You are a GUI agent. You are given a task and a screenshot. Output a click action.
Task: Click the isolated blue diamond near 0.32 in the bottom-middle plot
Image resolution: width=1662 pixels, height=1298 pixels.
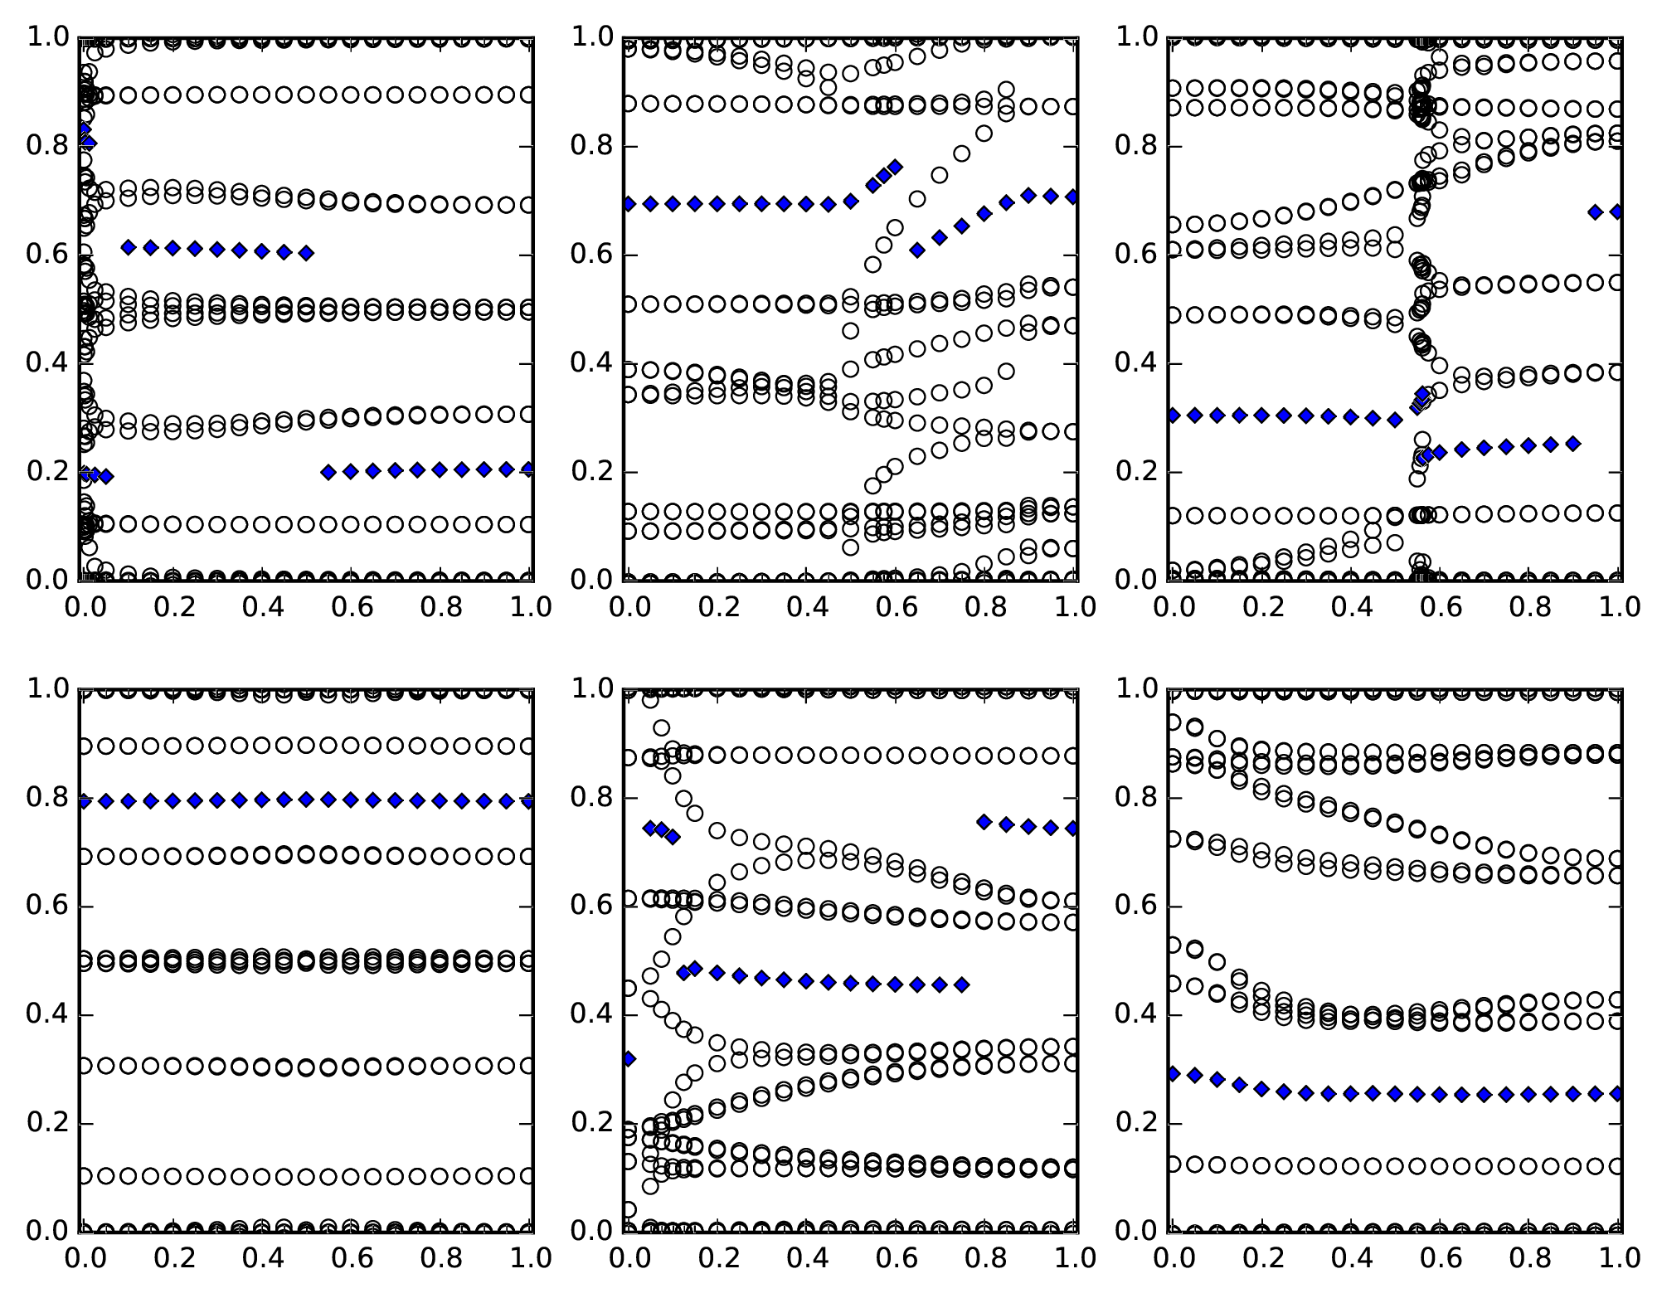tap(629, 1058)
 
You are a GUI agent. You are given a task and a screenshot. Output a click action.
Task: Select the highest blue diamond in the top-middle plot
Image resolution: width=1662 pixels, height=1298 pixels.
tap(895, 167)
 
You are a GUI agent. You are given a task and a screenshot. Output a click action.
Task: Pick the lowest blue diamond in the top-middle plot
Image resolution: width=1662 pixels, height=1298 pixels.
tap(917, 250)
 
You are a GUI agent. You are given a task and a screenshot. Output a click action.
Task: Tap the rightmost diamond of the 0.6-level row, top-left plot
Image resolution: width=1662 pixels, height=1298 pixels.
tap(306, 253)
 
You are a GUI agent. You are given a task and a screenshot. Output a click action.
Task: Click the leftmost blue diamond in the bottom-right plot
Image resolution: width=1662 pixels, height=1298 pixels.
tap(1173, 1073)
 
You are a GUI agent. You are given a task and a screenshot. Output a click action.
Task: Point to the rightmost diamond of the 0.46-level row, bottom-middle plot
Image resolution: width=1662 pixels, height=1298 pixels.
tap(962, 984)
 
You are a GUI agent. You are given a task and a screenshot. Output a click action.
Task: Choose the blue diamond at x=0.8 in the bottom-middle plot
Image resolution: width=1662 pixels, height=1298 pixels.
tap(984, 821)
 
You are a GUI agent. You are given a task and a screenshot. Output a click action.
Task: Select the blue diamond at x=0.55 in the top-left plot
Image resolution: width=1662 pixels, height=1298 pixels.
tap(328, 472)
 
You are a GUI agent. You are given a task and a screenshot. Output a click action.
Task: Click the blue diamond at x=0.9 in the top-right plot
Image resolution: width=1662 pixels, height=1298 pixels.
tap(1573, 444)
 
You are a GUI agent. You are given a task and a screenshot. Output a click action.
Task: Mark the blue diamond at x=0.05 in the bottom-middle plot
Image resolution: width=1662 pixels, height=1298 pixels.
tap(650, 828)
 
